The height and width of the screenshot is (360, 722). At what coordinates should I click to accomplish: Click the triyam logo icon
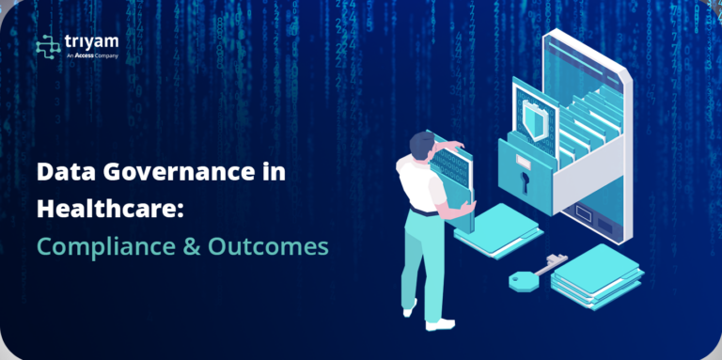pos(47,46)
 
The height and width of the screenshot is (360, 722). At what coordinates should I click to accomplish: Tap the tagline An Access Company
pos(92,56)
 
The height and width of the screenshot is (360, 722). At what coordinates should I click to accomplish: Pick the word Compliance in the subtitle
pos(98,246)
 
